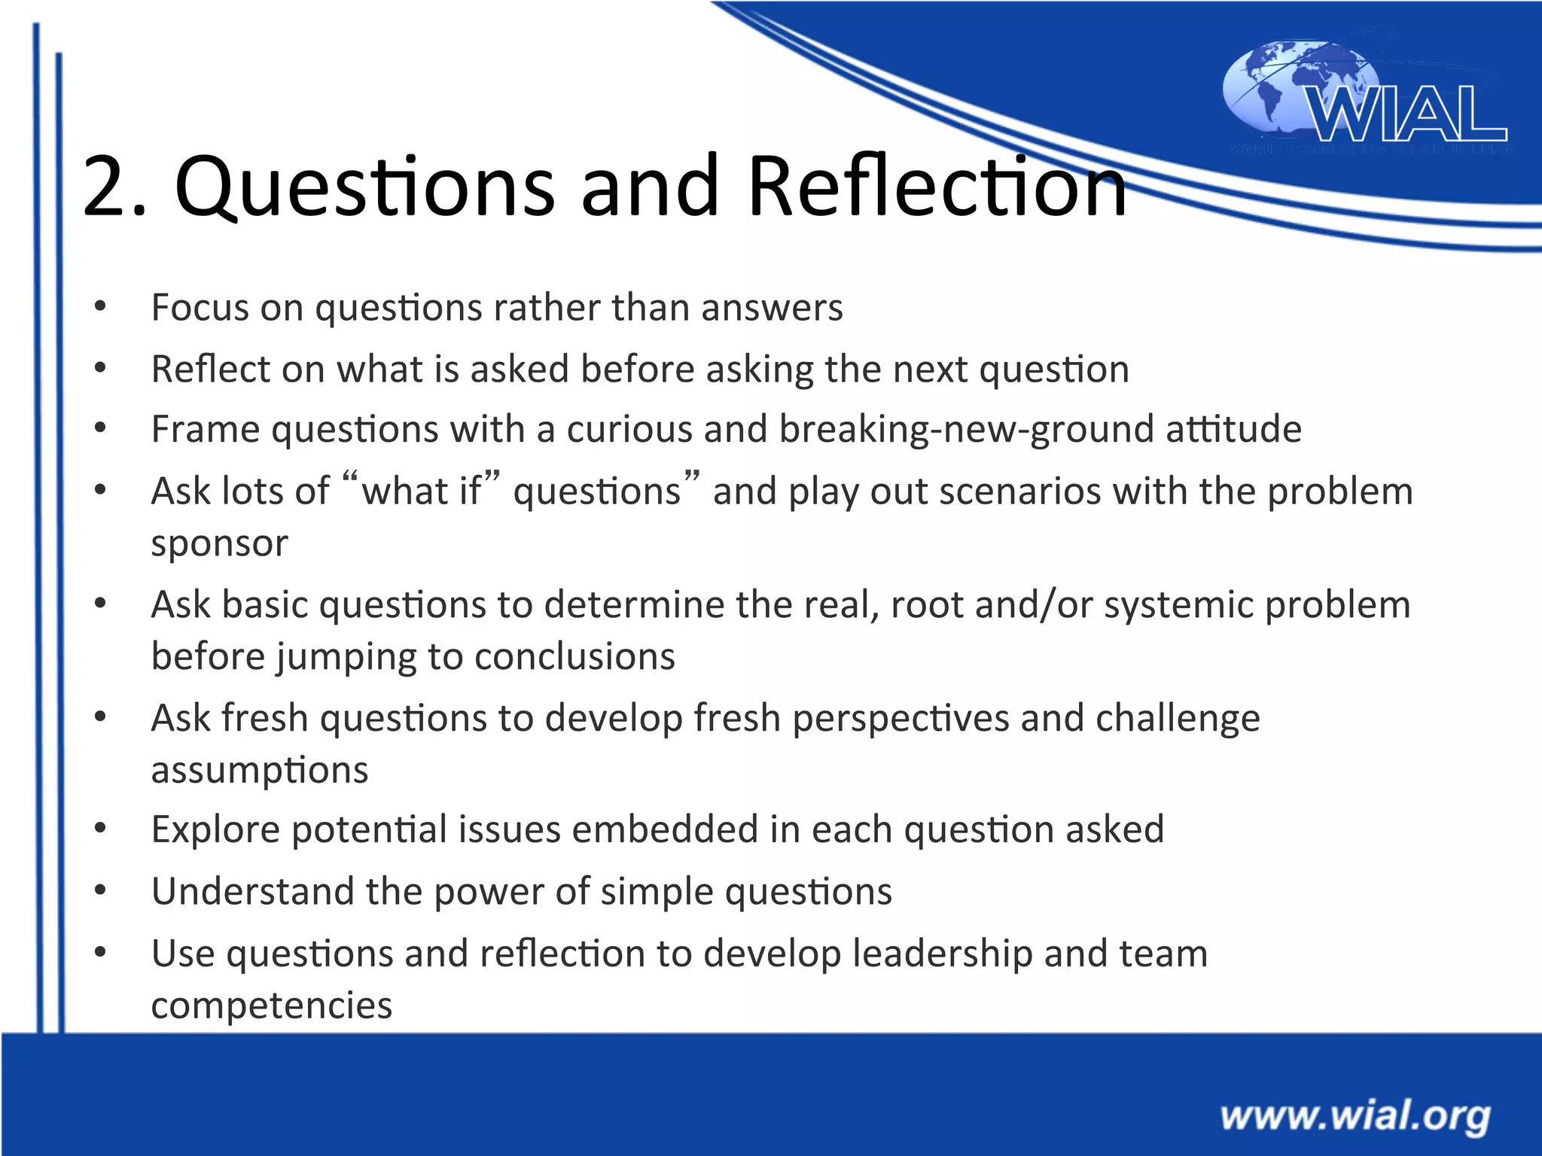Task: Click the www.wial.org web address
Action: tap(1355, 1116)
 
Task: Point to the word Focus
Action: tap(200, 307)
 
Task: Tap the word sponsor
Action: tap(219, 543)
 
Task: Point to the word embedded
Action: tap(664, 830)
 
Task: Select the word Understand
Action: tap(252, 892)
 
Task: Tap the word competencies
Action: tap(271, 1006)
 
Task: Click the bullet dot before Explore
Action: tap(100, 829)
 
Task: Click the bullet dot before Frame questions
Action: tap(100, 428)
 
